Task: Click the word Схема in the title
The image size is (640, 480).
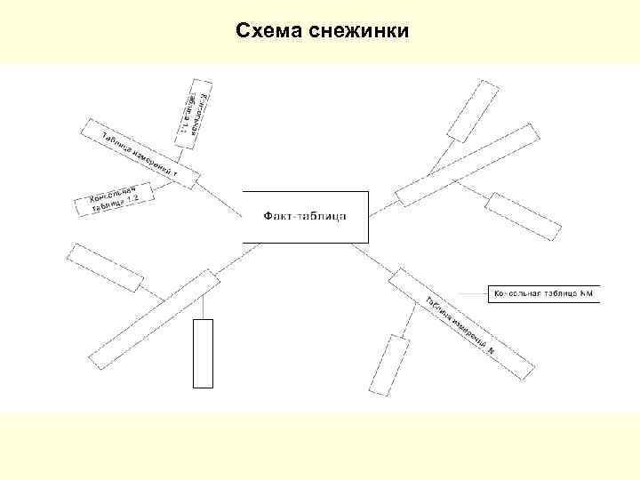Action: [269, 32]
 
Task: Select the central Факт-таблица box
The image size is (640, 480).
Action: [305, 216]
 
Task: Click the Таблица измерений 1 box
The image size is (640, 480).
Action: [140, 152]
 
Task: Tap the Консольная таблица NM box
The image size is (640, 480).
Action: [543, 294]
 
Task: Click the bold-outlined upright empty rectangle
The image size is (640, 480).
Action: [204, 353]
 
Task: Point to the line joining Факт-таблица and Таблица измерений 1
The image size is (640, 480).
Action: [219, 201]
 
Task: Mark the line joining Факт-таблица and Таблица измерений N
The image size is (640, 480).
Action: [374, 260]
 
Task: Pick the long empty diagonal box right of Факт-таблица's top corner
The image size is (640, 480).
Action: [467, 164]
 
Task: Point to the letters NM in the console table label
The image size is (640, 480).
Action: [586, 294]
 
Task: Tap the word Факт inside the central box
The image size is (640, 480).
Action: [281, 216]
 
